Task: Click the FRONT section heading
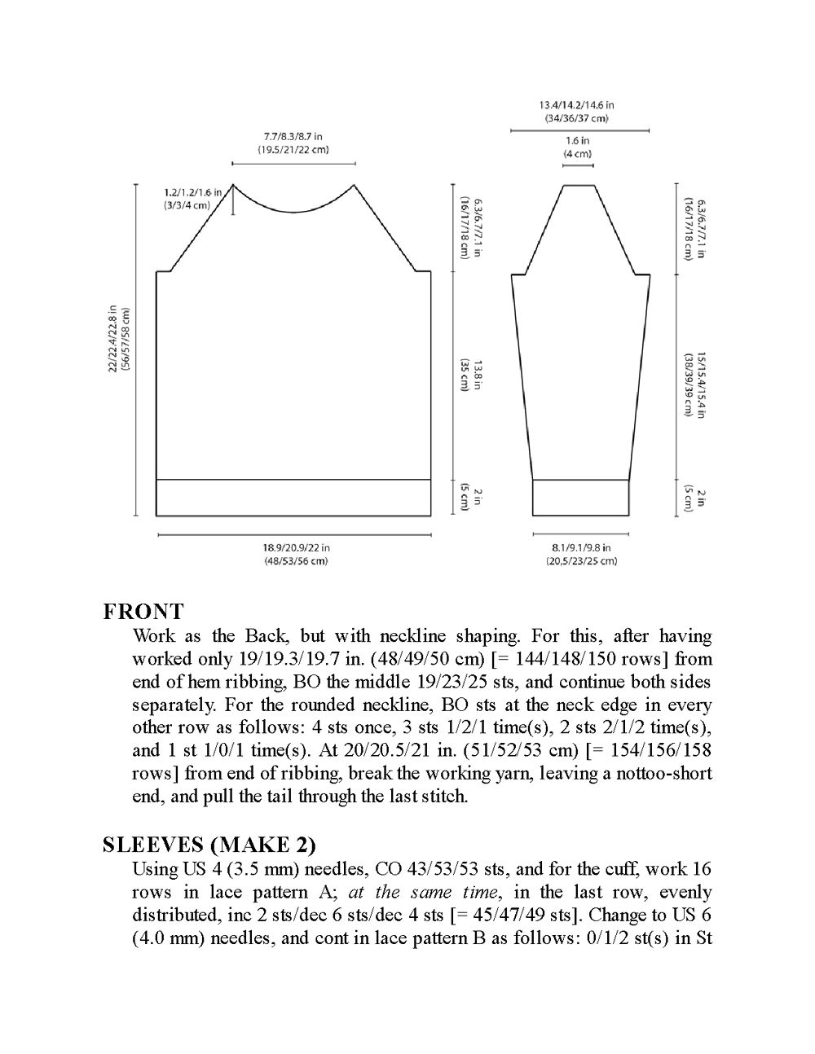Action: coord(143,611)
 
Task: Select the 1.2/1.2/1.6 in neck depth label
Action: coord(187,199)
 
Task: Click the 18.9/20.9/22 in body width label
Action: coord(296,554)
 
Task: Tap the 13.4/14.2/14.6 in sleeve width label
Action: coord(576,111)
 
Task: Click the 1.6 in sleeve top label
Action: coord(578,147)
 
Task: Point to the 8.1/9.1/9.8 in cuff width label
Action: coord(581,554)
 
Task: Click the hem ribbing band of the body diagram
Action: coord(293,498)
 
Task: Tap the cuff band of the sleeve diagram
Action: coord(581,498)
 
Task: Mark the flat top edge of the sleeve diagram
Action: coord(578,185)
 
